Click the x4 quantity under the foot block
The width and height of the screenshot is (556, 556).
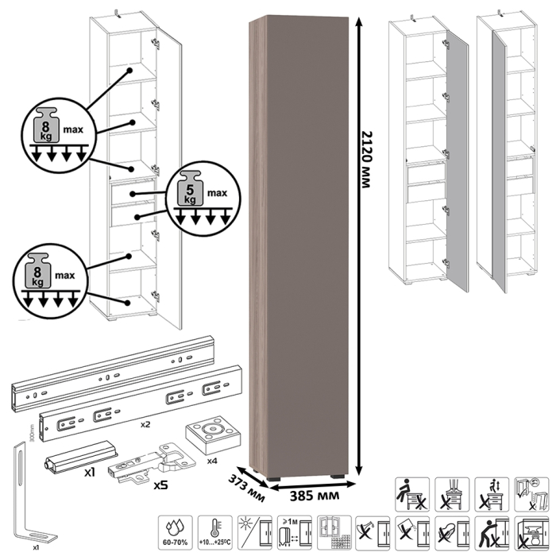click(212, 460)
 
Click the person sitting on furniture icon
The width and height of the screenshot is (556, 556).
click(412, 492)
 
